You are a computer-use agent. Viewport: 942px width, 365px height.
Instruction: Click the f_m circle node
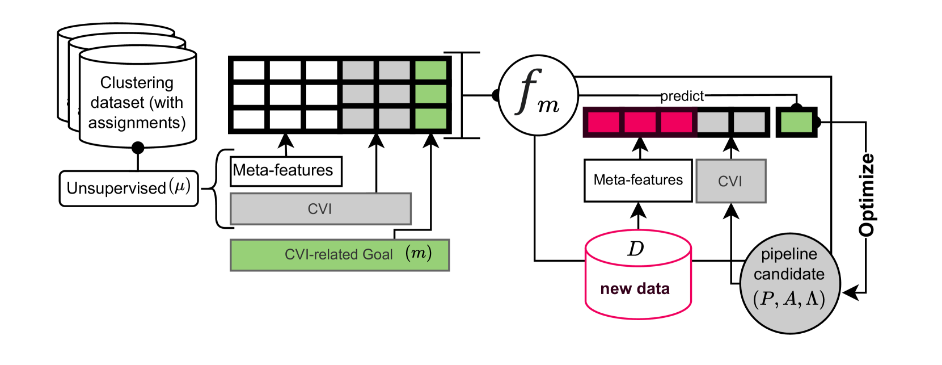click(538, 95)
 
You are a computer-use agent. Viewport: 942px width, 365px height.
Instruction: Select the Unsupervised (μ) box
click(129, 188)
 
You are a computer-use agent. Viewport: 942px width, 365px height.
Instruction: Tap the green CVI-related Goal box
click(340, 255)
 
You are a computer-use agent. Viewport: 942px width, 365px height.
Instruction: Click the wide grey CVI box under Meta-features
click(320, 209)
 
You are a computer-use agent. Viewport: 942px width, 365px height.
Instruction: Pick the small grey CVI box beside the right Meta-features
click(731, 181)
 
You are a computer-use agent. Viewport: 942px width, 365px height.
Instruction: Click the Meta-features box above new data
click(638, 180)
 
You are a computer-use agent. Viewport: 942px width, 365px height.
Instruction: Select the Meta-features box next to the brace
click(286, 171)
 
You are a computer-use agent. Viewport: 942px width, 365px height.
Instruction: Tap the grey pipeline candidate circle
click(790, 283)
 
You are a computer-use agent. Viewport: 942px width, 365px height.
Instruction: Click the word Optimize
click(867, 195)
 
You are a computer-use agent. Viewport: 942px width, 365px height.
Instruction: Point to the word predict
click(682, 97)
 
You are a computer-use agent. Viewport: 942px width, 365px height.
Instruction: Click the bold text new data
click(635, 289)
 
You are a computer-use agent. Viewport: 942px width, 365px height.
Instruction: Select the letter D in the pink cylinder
click(635, 249)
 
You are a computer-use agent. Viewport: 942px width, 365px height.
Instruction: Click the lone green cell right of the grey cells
click(796, 122)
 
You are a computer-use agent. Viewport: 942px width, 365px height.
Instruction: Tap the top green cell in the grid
click(430, 70)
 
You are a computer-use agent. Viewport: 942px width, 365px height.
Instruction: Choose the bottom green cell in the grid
click(430, 119)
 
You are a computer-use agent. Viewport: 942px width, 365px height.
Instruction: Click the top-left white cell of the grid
click(249, 70)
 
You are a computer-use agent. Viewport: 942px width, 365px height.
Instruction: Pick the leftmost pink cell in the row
click(603, 122)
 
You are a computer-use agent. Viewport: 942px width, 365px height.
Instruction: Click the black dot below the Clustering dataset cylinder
click(138, 148)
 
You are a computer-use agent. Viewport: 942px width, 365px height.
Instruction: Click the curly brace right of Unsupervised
click(222, 188)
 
